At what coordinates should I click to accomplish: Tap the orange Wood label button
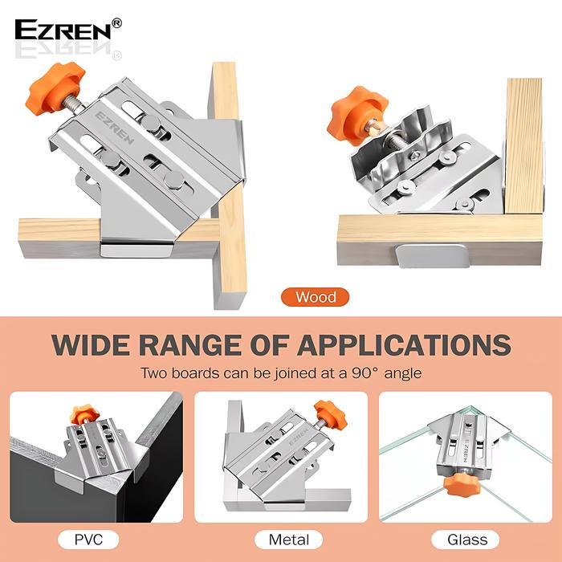[315, 297]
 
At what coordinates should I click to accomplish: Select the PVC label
[88, 539]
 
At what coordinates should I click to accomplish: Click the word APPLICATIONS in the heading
[404, 344]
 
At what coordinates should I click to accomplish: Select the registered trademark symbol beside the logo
[117, 24]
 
